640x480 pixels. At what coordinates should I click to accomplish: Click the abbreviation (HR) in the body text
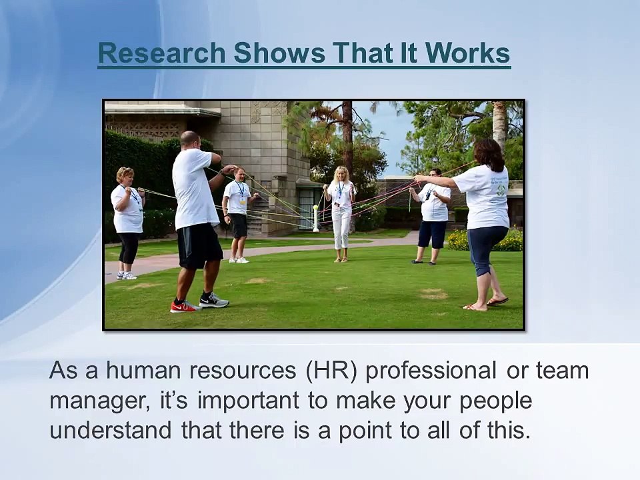335,371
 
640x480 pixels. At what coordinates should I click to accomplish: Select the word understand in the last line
111,430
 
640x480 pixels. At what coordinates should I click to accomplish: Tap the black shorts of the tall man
199,245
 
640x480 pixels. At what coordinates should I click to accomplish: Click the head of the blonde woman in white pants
341,174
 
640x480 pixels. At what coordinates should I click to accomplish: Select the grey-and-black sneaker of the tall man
213,301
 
